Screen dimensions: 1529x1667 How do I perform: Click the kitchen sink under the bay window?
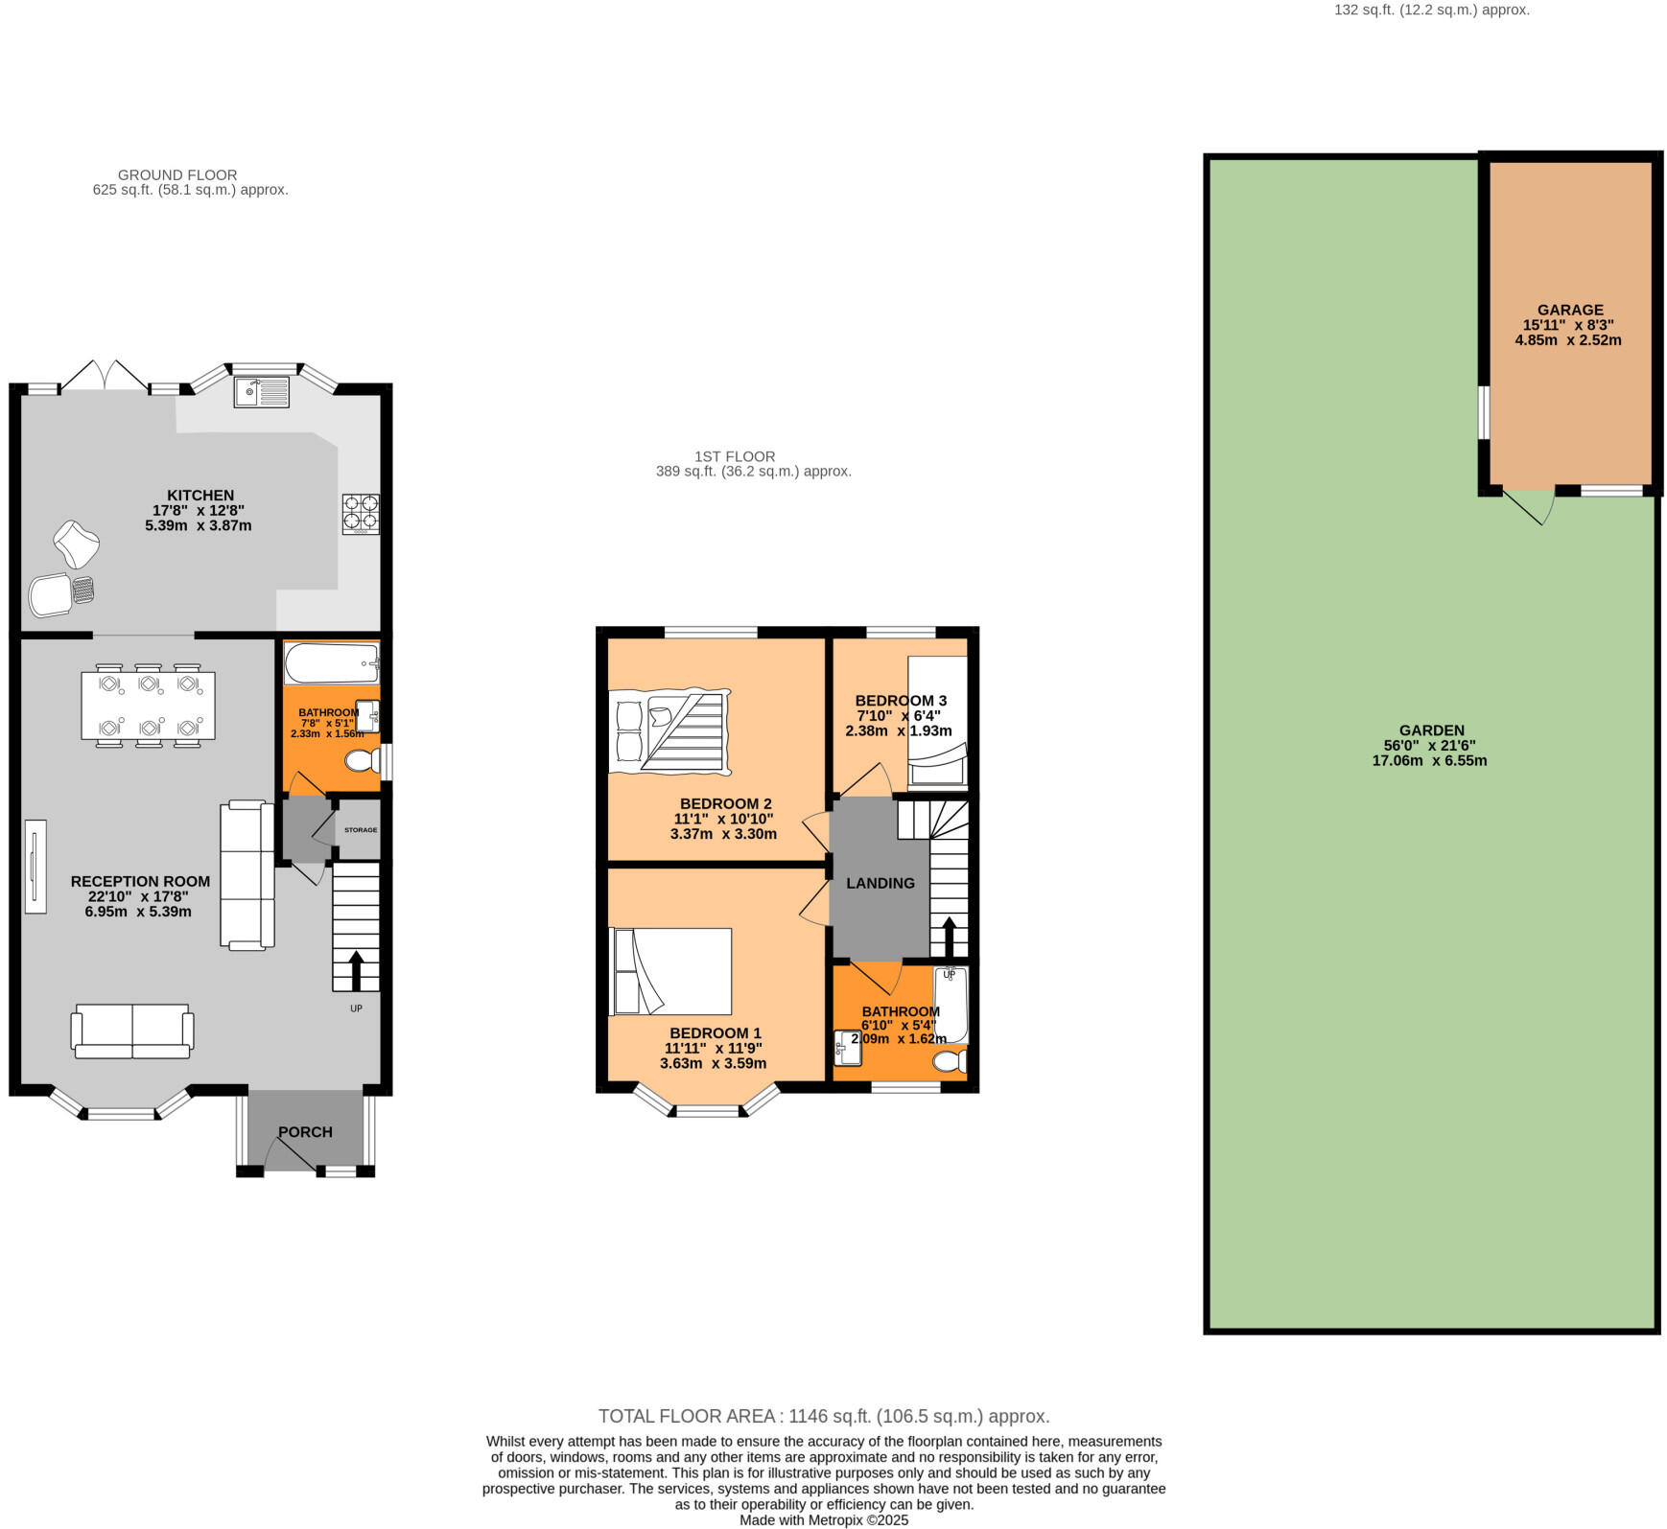tap(261, 392)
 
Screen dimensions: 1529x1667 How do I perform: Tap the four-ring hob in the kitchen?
tap(361, 513)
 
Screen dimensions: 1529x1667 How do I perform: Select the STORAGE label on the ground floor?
tap(361, 830)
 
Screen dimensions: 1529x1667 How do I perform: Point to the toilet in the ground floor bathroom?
tap(362, 762)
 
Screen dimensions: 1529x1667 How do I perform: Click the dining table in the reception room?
tap(149, 707)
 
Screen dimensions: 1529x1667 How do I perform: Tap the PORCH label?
tap(305, 1132)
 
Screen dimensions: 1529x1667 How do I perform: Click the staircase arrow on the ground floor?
tap(356, 970)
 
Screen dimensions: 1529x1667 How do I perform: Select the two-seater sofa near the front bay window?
tap(132, 1031)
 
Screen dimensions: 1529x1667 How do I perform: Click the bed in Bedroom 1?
tap(671, 971)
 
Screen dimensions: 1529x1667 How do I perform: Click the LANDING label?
tap(880, 883)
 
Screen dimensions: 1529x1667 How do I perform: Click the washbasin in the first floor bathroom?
tap(848, 1048)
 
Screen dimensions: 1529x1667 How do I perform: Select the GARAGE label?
tap(1569, 310)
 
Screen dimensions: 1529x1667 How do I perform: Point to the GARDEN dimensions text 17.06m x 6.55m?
tap(1429, 761)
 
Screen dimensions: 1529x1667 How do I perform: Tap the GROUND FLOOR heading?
tap(177, 174)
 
